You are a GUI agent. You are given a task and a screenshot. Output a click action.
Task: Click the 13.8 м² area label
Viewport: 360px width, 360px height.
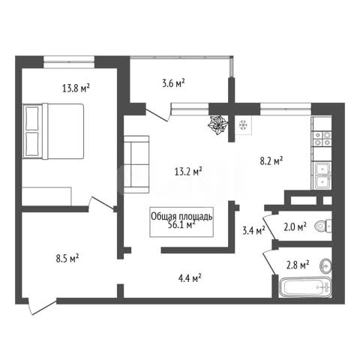tap(76, 88)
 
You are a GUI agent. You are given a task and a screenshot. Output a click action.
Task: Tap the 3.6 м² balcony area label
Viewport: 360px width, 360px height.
tap(173, 83)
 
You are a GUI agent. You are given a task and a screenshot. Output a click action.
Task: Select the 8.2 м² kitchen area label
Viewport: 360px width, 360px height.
tap(271, 160)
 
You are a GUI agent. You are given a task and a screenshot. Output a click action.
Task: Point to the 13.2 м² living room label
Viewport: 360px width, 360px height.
tap(188, 172)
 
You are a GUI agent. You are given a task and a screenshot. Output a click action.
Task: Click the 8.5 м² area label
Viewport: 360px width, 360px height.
tap(67, 258)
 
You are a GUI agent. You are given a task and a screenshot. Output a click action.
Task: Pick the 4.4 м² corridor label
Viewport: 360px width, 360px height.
tap(190, 277)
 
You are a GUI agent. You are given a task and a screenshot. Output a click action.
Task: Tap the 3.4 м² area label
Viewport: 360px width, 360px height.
tap(254, 230)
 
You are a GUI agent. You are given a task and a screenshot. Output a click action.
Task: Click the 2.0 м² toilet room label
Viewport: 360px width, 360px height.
tap(295, 227)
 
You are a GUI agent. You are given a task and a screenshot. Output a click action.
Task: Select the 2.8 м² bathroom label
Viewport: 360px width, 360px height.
tap(298, 265)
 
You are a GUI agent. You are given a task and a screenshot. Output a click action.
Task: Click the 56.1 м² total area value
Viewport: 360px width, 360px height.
tap(181, 225)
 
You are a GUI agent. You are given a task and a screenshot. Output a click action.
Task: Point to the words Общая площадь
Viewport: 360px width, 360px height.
tap(181, 217)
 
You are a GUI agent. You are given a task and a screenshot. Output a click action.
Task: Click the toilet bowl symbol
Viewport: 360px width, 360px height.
tap(323, 226)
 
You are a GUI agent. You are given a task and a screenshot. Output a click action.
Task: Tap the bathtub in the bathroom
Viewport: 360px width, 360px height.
tap(305, 287)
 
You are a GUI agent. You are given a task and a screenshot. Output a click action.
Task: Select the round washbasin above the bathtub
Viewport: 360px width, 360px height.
tap(325, 265)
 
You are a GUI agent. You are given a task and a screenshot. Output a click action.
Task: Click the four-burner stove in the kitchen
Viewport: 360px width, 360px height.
tap(322, 139)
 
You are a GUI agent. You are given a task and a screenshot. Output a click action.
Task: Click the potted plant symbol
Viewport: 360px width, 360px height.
tap(218, 125)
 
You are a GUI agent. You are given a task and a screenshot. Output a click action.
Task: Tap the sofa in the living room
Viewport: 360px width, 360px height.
tap(136, 164)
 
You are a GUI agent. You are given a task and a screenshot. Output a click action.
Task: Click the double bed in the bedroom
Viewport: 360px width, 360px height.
tap(53, 131)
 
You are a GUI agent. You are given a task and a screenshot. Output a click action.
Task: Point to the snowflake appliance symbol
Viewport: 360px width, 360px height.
tap(243, 125)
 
